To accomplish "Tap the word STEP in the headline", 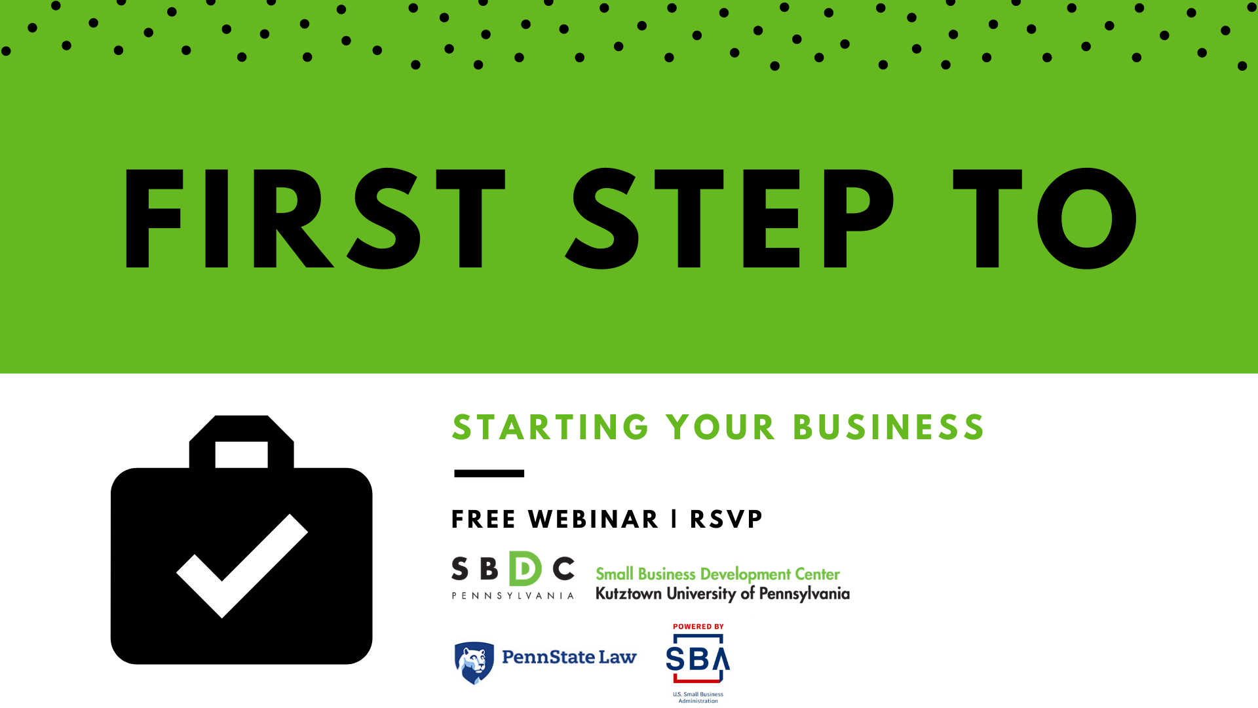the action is [729, 218].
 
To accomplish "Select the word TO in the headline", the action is [1045, 218].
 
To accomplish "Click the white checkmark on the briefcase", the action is [242, 566].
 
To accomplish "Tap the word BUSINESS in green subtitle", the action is [888, 427].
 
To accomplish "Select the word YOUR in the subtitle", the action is [721, 427].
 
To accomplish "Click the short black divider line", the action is [489, 473].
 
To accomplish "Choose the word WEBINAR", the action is [593, 519].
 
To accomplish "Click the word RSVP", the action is [726, 519].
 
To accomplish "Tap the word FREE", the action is [484, 519].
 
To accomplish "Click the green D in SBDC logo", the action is [525, 568].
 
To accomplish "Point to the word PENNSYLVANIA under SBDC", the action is [513, 595].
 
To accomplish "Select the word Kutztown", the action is [628, 593].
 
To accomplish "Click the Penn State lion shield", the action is [474, 663].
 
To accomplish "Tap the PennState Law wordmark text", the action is [569, 657].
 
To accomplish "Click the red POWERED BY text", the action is [698, 627].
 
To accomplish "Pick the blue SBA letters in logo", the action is [698, 658].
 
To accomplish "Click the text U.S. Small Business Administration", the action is [698, 698].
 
